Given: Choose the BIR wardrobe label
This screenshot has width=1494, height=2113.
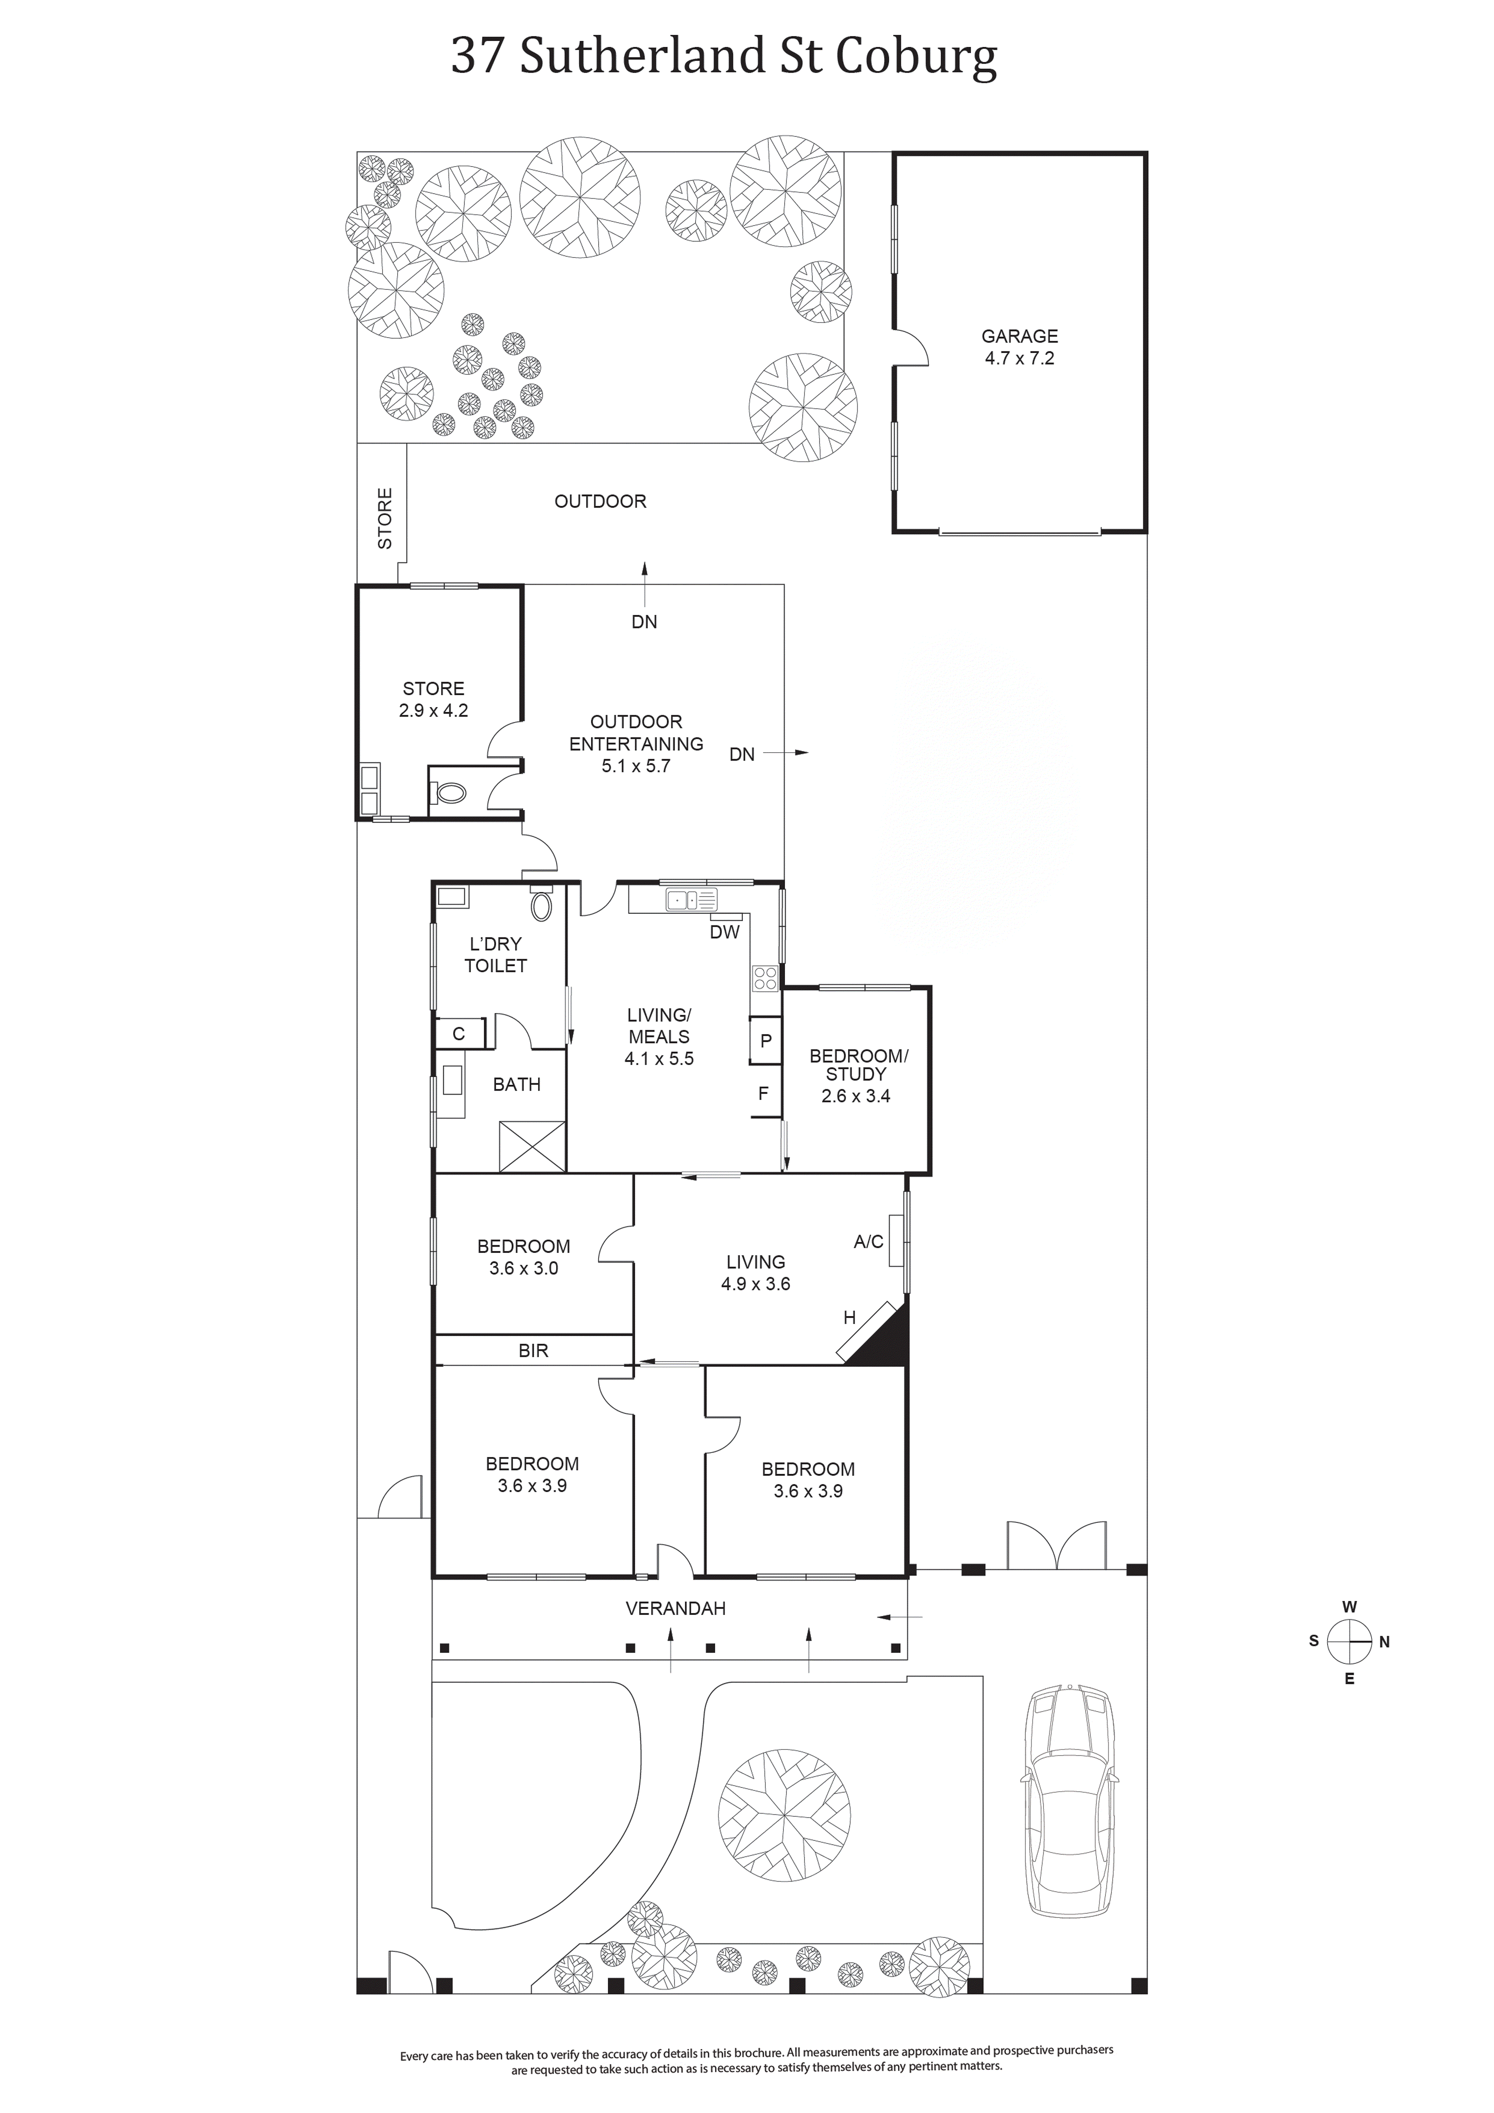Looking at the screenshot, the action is pyautogui.click(x=533, y=1350).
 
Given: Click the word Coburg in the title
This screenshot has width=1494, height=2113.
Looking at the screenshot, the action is pyautogui.click(x=916, y=57).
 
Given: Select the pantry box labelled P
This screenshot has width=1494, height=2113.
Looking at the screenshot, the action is pyautogui.click(x=765, y=1041).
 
